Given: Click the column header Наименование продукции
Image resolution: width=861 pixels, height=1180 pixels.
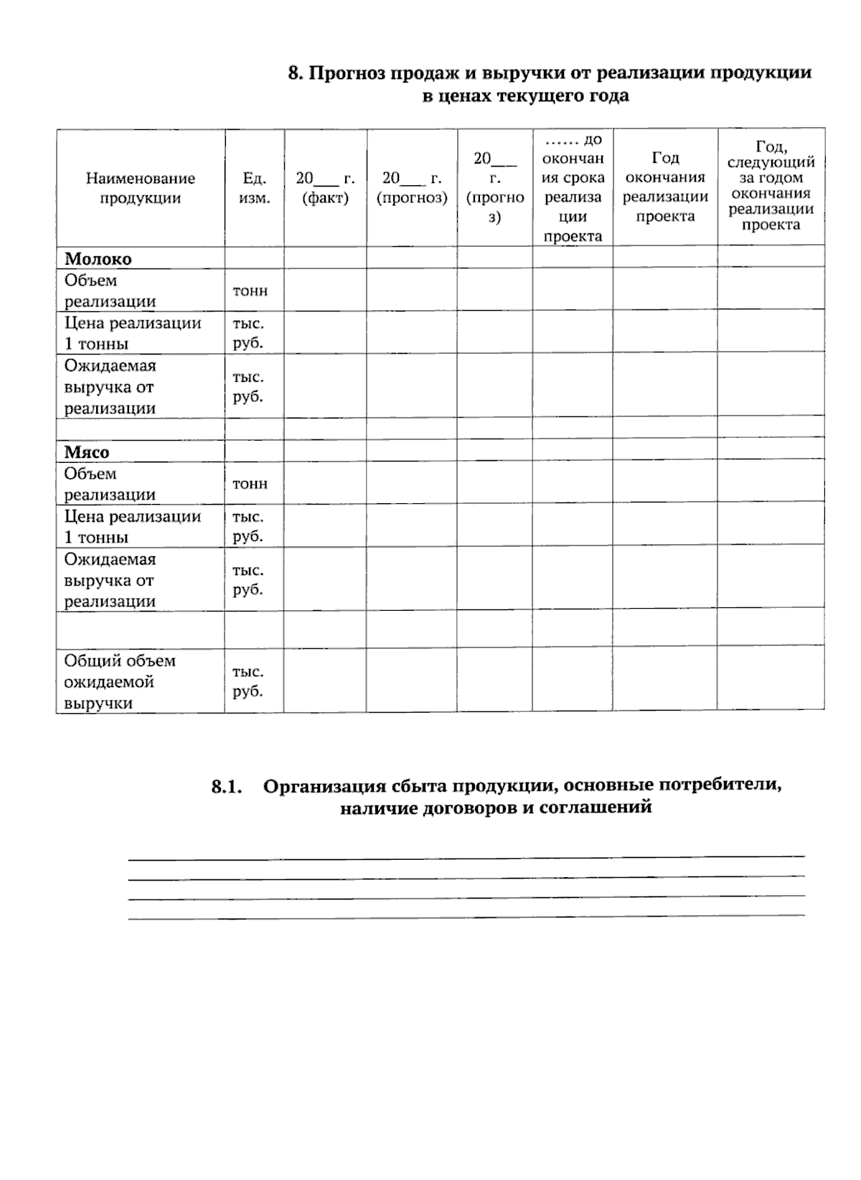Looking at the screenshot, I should tap(141, 188).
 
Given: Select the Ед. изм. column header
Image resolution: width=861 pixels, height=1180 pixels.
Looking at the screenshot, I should tap(255, 188).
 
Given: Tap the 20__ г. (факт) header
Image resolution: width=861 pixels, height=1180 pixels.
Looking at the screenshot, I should tap(326, 188).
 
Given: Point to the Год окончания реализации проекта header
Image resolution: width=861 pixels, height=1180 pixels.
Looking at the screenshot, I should tap(665, 187).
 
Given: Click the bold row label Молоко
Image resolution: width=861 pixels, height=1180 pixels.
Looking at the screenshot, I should tap(98, 258).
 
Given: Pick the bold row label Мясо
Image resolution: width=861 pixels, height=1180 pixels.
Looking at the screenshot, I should tap(87, 451).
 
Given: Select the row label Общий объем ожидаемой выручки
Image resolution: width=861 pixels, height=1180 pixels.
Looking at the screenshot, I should tap(120, 681).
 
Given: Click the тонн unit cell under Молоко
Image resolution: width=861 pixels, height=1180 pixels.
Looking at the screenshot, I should tap(250, 290).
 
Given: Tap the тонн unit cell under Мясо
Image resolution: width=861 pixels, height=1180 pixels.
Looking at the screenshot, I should tap(250, 484).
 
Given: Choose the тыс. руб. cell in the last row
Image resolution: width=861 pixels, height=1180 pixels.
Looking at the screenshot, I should tap(248, 681).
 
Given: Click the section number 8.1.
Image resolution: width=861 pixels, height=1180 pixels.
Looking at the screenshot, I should tap(227, 787).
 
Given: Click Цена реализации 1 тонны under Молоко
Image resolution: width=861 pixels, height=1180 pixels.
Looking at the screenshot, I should tap(133, 333).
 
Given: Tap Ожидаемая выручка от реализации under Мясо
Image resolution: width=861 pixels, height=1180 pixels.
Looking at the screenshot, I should tap(110, 580).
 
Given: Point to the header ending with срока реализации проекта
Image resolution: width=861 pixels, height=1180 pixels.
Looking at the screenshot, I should tap(573, 188).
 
